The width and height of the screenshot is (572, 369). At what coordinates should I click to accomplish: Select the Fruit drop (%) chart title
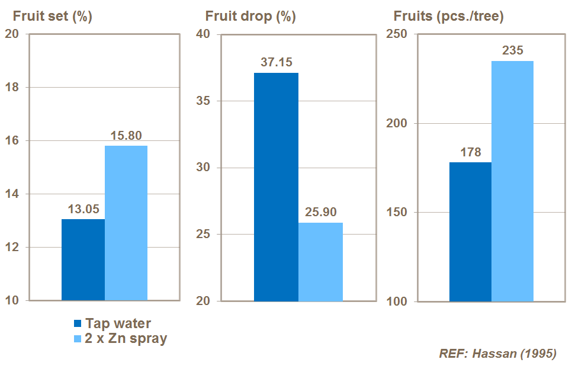point(250,17)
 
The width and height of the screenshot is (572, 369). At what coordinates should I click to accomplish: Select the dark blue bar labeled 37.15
point(276,187)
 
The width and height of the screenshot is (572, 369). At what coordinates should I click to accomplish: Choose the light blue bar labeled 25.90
point(320,261)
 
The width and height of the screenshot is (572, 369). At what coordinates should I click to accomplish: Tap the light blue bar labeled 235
point(512,181)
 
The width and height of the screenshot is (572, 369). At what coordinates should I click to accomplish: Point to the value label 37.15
point(276,62)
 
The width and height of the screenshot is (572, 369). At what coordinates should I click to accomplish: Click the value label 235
point(512,50)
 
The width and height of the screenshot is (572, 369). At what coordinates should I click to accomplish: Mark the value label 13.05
point(83,208)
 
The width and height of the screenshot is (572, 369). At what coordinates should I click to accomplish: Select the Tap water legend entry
point(113,323)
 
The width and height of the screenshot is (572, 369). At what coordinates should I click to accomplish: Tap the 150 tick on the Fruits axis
point(397,213)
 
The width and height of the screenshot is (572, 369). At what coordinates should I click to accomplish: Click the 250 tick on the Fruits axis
point(397,34)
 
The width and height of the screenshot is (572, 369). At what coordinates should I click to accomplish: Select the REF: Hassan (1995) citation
point(497,354)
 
